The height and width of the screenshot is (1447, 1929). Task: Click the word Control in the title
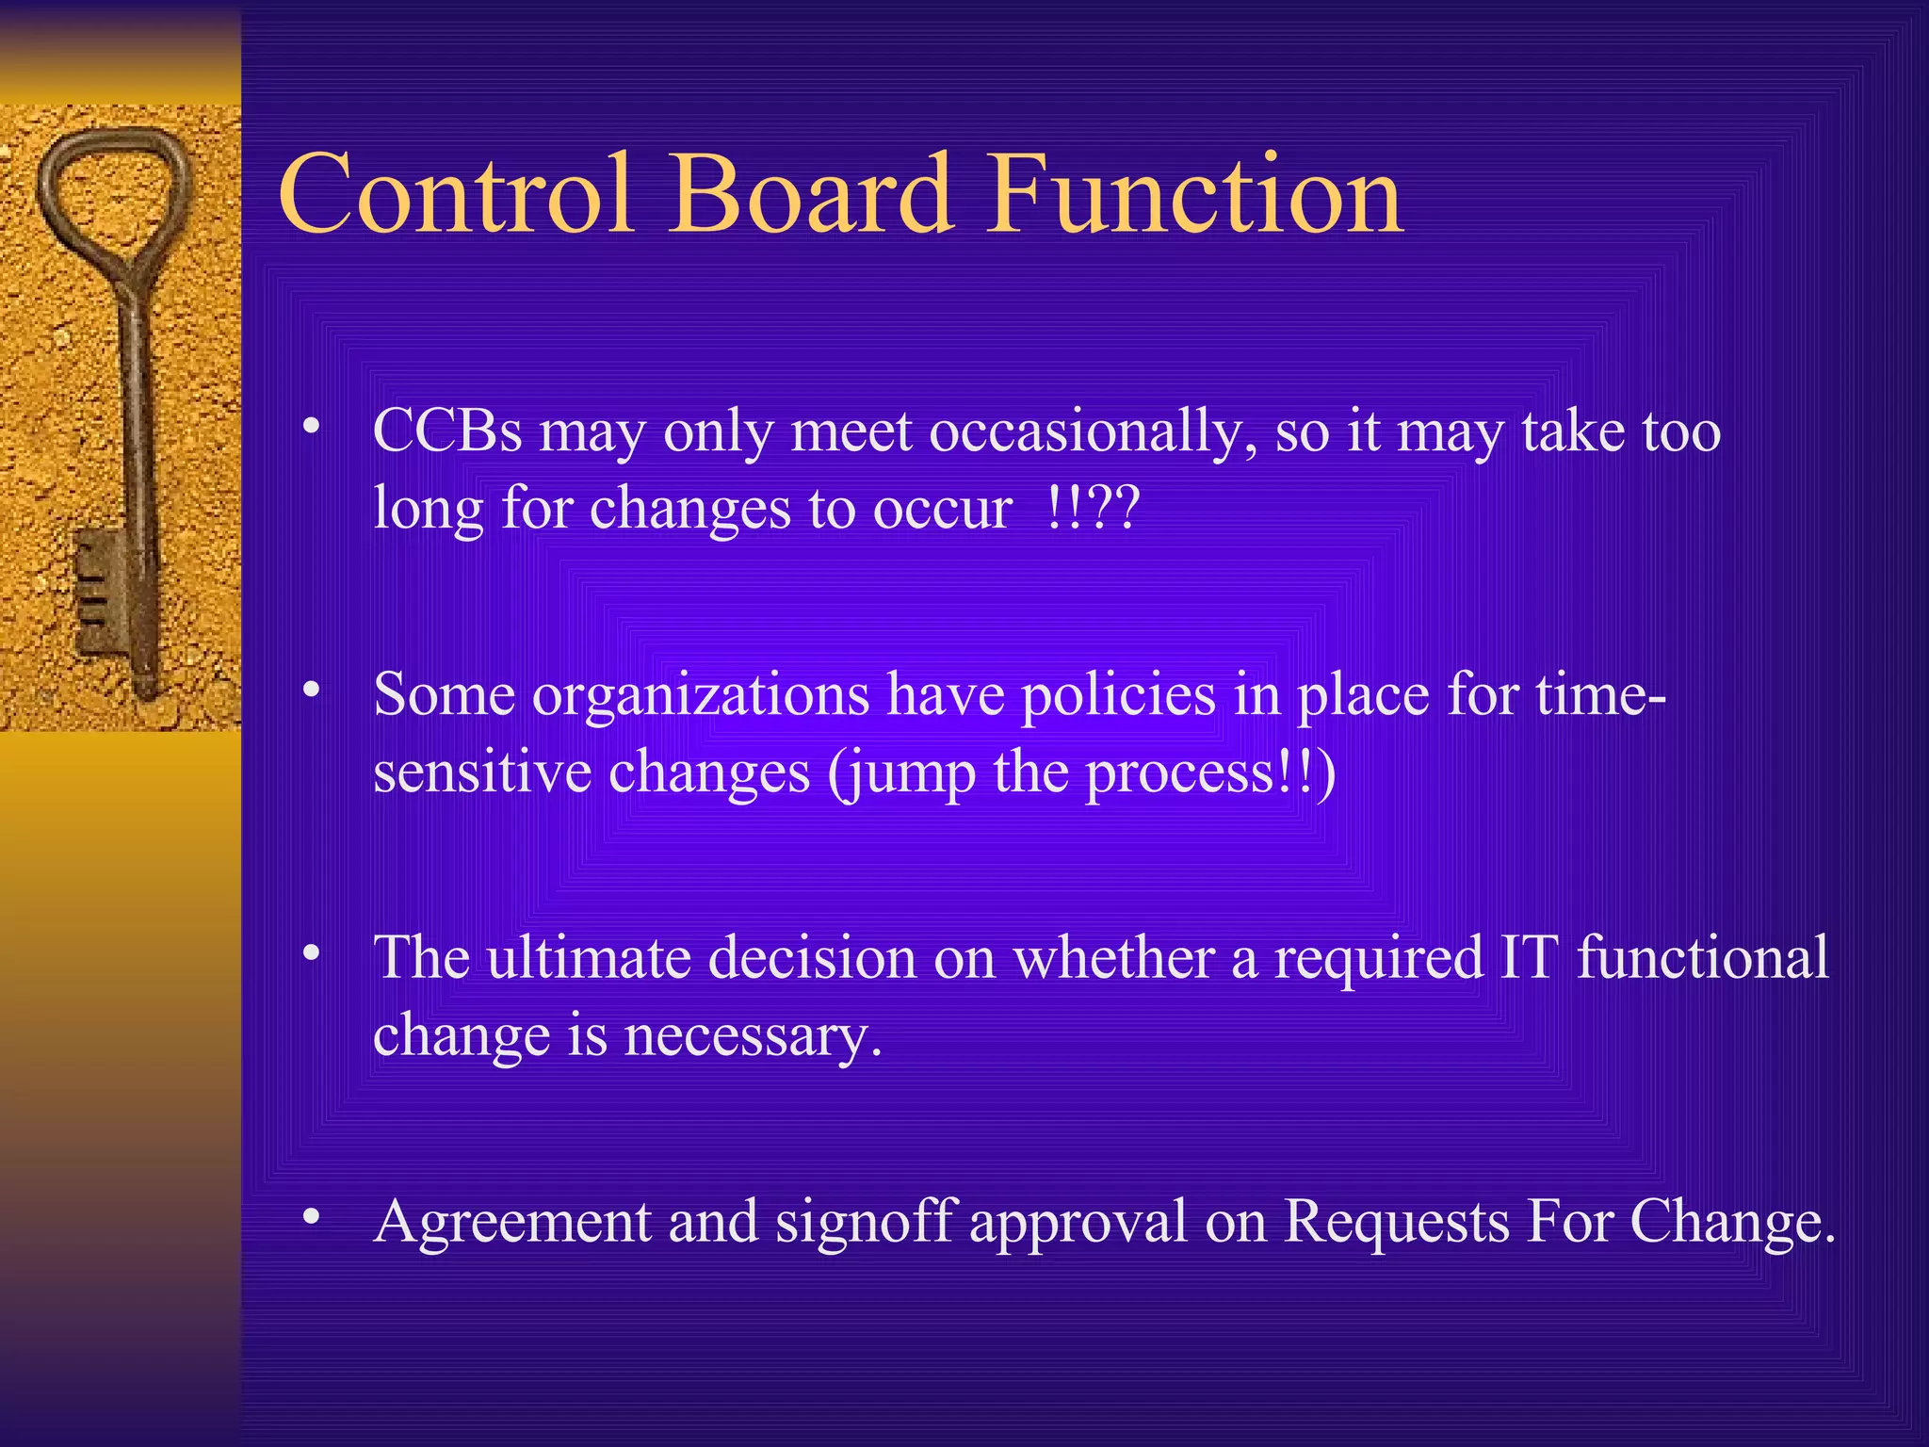point(456,195)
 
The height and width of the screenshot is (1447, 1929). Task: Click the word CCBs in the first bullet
point(447,432)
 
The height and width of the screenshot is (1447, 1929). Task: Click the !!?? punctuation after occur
point(1093,509)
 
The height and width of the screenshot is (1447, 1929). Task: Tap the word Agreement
point(512,1223)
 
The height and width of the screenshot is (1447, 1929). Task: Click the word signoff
point(867,1222)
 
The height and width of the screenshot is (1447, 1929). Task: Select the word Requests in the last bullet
point(1398,1222)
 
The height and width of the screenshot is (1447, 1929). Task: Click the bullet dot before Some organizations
point(311,691)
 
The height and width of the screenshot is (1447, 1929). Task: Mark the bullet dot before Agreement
point(311,1217)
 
